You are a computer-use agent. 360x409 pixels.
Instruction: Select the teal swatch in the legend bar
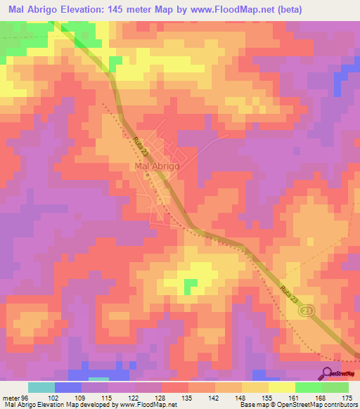click(x=41, y=387)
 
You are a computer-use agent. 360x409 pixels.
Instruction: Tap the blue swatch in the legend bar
click(x=68, y=387)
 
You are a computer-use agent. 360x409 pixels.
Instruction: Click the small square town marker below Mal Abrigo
click(x=148, y=176)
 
